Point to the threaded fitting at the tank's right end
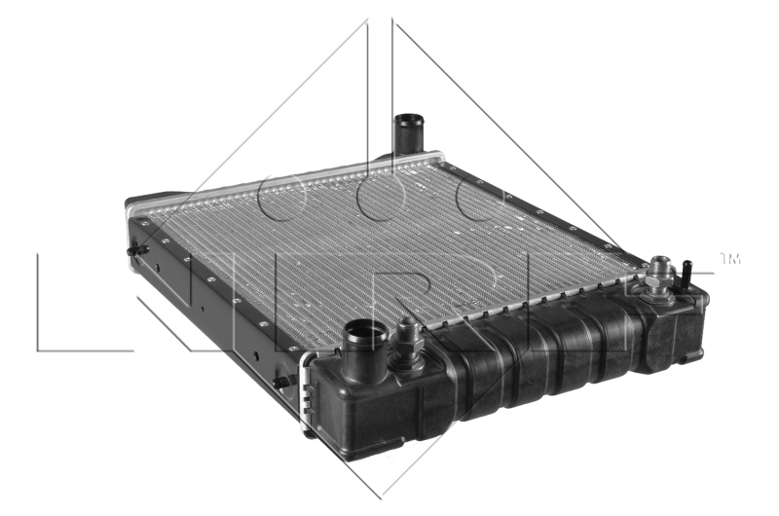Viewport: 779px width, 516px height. tap(661, 276)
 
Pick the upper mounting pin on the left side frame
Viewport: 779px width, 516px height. tap(137, 250)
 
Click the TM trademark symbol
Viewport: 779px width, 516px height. tap(730, 259)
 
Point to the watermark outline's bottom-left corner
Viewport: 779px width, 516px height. tap(39, 350)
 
